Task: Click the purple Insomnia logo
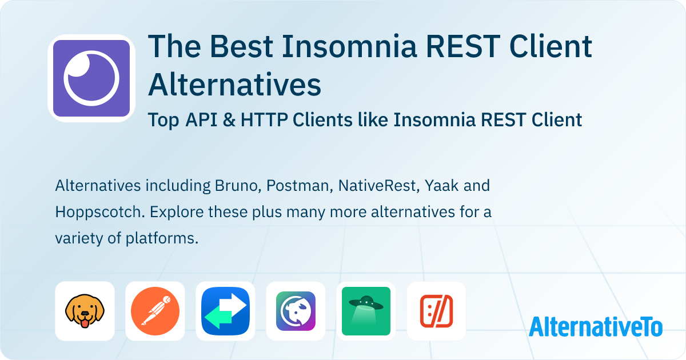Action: [x=91, y=78]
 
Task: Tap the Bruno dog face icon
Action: [x=85, y=311]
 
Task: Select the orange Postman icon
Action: [x=155, y=311]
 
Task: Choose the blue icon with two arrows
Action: [x=225, y=311]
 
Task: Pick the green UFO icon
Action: [x=366, y=311]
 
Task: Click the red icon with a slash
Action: [x=436, y=311]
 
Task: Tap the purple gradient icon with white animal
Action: [x=296, y=311]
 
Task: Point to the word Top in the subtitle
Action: [x=163, y=120]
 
